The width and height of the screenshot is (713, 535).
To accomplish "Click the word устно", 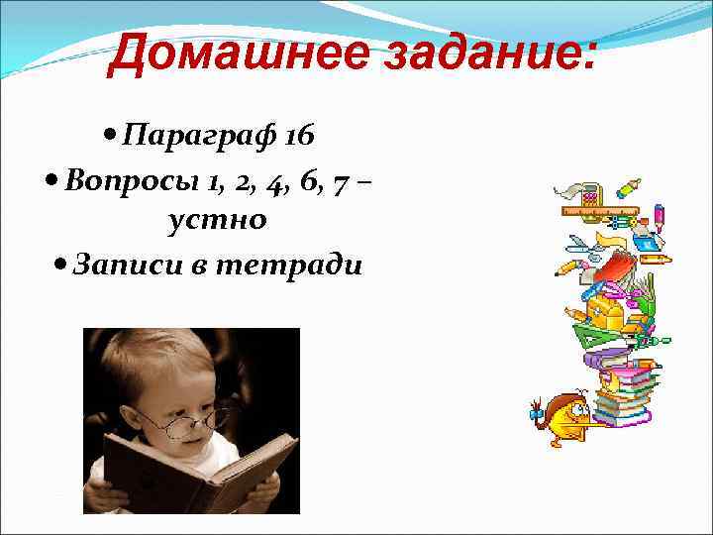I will tap(218, 219).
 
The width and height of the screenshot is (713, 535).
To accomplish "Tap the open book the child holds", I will tap(198, 471).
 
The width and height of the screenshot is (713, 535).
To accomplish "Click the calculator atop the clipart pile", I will tap(591, 193).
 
